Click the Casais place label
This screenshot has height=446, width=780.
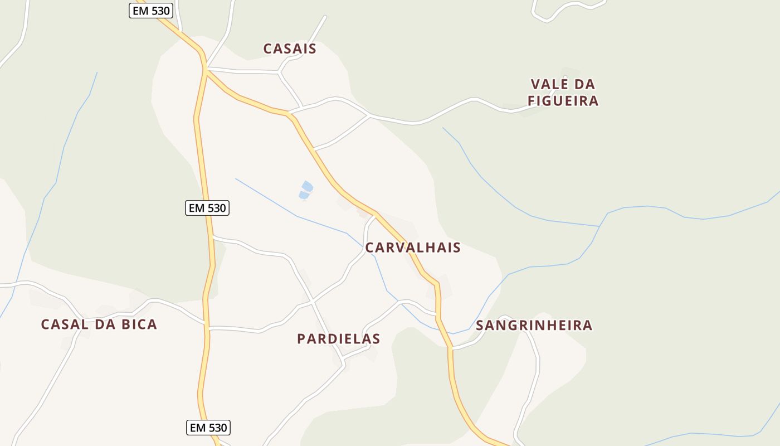point(290,49)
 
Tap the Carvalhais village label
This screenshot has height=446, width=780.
point(413,248)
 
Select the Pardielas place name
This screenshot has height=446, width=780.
point(339,339)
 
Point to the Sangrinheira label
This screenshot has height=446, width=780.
point(534,326)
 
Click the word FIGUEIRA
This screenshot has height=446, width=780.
point(563,101)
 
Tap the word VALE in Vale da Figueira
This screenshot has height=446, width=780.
point(547,85)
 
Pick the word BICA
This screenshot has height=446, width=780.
point(136,324)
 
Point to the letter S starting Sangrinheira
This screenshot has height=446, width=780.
point(480,326)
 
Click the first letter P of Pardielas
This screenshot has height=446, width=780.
point(301,339)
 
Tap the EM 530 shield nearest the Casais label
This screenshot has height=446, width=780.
point(151,11)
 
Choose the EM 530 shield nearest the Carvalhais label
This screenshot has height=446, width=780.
point(207,208)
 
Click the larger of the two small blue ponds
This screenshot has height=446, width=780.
point(307,186)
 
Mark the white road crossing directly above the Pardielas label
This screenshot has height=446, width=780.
point(313,302)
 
